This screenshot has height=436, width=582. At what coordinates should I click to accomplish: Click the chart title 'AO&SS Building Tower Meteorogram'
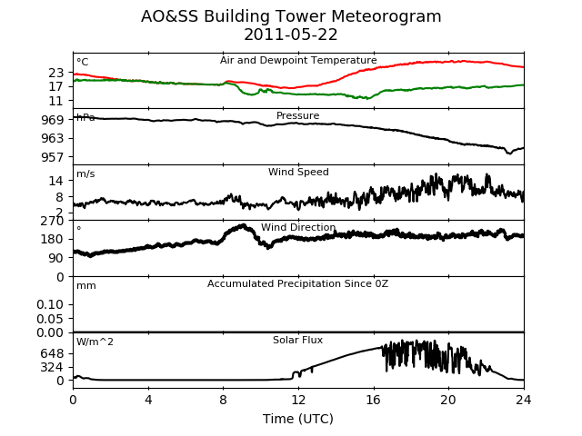coord(291,16)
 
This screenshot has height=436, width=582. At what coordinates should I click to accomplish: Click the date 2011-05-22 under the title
coord(291,35)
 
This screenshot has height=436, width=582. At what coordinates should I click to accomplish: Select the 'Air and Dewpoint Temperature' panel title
coord(298,61)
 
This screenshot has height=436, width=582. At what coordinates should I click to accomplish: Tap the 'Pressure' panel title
coord(297,115)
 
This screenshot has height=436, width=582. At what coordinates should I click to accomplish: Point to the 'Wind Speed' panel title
coord(298,172)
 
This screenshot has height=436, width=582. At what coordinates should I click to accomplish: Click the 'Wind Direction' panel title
coord(298,227)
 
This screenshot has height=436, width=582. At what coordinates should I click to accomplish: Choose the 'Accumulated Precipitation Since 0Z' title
coord(297,283)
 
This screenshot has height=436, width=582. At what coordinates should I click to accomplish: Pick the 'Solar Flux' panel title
coord(297,340)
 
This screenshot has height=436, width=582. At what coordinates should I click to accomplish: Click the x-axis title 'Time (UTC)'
coord(298,419)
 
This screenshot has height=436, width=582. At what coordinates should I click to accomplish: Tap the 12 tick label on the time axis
coord(298,400)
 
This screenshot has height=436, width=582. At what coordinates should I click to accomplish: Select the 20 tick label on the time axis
coord(448,400)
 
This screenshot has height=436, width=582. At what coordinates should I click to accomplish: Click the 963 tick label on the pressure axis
coord(53,139)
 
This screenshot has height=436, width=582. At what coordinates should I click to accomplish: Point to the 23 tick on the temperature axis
coord(56,73)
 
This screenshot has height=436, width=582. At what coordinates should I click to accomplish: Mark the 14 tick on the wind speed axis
coord(56,181)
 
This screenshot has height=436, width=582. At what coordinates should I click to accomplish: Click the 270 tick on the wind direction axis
coord(53,221)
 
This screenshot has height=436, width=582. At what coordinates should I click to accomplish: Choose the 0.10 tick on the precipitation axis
coord(50,305)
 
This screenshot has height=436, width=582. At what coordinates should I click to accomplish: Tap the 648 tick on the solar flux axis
coord(53,353)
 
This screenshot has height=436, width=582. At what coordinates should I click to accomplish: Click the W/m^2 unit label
coord(95,342)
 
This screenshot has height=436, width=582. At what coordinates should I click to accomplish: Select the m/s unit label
coord(85,173)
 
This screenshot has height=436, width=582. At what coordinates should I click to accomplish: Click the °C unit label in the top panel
coord(83,62)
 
